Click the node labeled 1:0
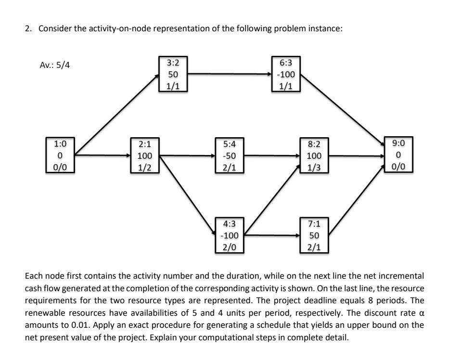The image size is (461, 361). click(61, 155)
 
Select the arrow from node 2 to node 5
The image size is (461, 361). click(188, 155)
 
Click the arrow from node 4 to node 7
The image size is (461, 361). click(272, 236)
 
